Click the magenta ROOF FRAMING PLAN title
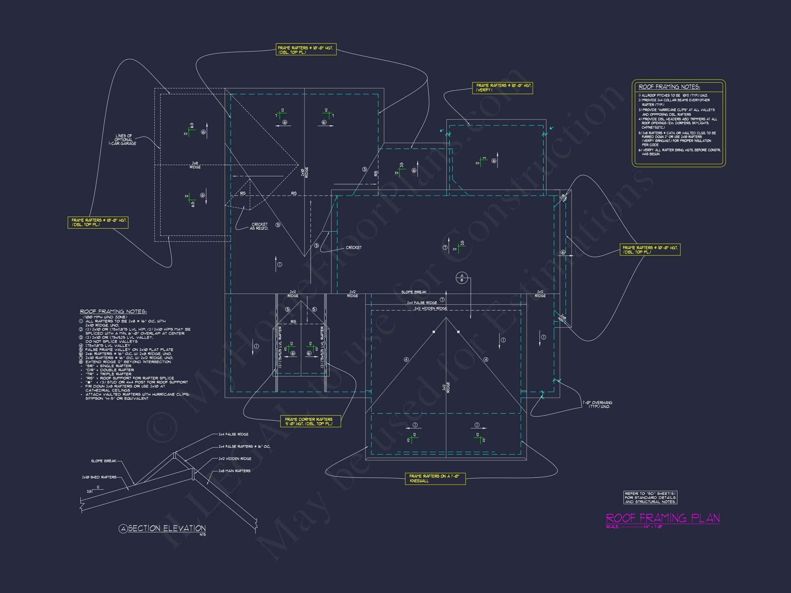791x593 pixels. click(662, 518)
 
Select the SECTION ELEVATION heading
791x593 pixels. click(167, 528)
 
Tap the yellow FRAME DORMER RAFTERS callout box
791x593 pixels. click(310, 421)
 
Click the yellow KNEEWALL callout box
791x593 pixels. click(435, 478)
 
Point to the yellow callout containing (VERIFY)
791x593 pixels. click(502, 88)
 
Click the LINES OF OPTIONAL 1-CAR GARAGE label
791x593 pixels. click(123, 140)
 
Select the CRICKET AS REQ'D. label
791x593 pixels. click(259, 226)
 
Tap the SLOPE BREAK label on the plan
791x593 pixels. click(413, 292)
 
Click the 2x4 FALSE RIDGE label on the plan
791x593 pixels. click(422, 303)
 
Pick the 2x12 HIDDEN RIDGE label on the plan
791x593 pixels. click(430, 308)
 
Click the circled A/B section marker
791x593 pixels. click(462, 278)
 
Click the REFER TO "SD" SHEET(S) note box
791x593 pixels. click(650, 498)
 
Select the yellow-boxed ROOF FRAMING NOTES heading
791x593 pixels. click(669, 87)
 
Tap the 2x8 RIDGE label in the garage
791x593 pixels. click(195, 165)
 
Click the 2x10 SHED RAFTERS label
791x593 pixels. click(99, 477)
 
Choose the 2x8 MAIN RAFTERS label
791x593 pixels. click(234, 471)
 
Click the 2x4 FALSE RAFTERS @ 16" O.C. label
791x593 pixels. click(244, 446)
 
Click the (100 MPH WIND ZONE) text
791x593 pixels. click(105, 317)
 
